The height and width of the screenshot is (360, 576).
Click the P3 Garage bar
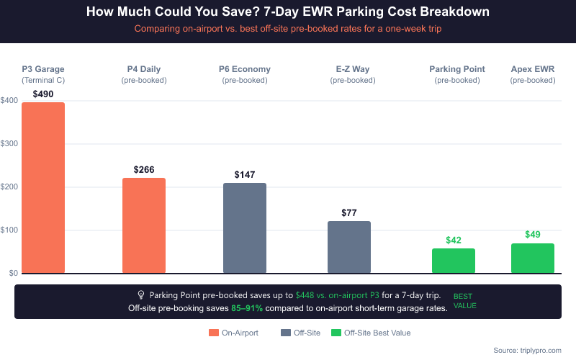point(43,188)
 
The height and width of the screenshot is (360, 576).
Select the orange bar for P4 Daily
point(144,225)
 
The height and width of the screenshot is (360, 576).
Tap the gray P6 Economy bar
point(245,228)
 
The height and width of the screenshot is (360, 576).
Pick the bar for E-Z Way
point(349,247)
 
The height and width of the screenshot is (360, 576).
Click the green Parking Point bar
point(454,261)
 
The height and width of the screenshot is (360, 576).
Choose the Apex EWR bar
point(533,258)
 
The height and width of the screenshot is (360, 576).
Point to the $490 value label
point(43,94)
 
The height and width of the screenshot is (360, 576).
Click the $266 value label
point(144,170)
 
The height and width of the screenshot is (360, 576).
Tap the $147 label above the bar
point(245,175)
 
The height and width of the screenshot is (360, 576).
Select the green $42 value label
point(454,240)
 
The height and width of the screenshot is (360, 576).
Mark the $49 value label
point(533,235)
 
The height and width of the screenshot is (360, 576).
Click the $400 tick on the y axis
point(9,101)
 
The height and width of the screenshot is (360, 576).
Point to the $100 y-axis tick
point(9,230)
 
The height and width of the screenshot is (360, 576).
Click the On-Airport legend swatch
point(214,333)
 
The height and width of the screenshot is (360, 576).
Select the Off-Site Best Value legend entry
point(371,333)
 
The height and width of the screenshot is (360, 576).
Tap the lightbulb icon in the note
point(141,295)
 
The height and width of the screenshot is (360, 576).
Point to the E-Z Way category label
point(353,69)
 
